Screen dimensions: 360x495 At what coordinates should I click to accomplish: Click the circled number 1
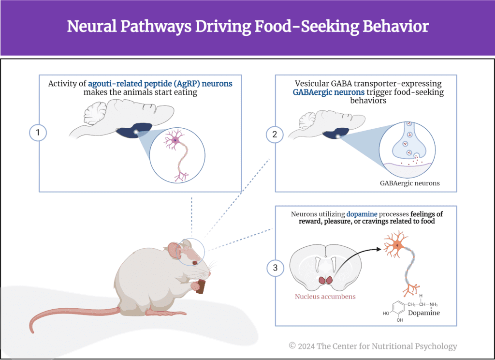(x=38, y=133)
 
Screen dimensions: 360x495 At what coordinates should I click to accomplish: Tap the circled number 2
(x=275, y=135)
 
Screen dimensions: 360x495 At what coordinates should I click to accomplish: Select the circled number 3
(x=275, y=268)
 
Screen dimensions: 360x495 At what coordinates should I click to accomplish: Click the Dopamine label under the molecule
(x=421, y=313)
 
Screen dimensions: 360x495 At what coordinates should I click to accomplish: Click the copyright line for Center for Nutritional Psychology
(x=373, y=346)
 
